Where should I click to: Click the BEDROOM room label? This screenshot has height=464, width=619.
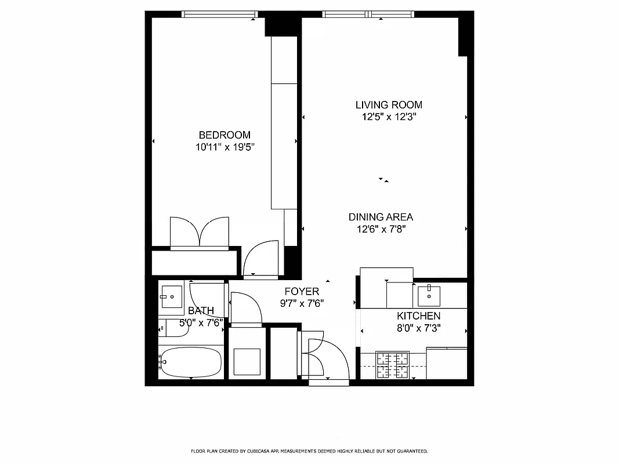coord(225,135)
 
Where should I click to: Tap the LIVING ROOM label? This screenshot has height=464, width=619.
coord(389,105)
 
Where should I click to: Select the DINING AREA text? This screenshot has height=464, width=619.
coord(381,217)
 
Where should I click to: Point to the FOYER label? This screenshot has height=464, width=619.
coord(302,291)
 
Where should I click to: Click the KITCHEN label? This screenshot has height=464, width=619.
coord(418,316)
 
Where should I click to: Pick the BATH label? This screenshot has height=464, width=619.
coord(201,311)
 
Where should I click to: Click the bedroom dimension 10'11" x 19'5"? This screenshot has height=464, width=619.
coord(225,147)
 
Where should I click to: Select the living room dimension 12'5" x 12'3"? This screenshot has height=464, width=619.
coord(389,117)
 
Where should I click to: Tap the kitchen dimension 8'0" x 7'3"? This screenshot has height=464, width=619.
coord(418,328)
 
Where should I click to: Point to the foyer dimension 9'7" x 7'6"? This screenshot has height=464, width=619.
coord(302,303)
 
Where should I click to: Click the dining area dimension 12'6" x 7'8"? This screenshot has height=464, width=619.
coord(381,229)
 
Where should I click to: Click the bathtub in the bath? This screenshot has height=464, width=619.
coord(191,362)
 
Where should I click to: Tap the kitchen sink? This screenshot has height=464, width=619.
coord(428,296)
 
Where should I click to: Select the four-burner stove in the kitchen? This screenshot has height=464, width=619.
coord(393,365)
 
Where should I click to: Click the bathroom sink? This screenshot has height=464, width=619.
coord(171,296)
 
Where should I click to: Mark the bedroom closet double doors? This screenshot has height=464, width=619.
coord(200,233)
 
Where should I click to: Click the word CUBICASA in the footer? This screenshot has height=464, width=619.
coord(248,451)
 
